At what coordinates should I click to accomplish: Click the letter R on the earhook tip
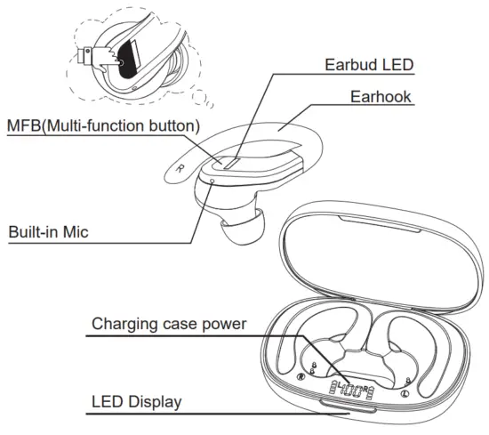(x=181, y=166)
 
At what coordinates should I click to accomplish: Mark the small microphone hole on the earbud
(x=211, y=180)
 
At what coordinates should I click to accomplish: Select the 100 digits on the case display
(x=356, y=388)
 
